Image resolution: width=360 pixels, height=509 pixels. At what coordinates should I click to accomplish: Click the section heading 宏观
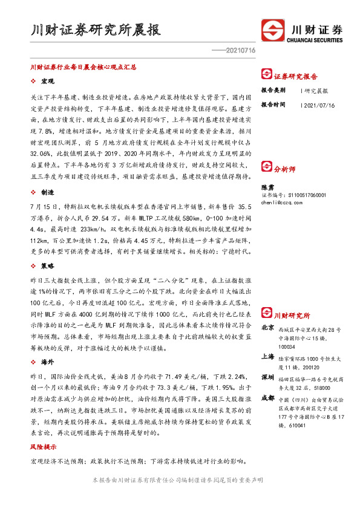tap(48, 80)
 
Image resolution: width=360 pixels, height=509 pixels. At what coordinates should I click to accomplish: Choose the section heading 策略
tap(48, 265)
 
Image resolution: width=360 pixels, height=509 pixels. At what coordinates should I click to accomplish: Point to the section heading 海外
tap(48, 361)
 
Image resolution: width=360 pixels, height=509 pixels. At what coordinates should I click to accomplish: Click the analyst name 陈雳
tap(267, 188)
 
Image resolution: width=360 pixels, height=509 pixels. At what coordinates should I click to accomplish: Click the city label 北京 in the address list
tap(267, 327)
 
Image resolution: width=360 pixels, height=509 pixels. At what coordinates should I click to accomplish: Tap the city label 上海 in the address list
tap(267, 357)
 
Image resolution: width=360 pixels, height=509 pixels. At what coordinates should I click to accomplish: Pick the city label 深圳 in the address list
tap(267, 377)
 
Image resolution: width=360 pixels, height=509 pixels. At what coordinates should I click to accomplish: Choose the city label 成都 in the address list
tap(267, 398)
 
